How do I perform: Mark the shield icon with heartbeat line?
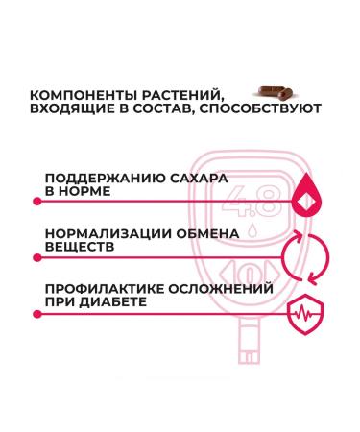[x=304, y=310]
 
